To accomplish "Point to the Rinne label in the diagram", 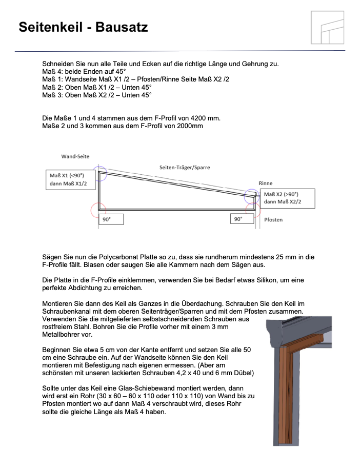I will (x=266, y=183).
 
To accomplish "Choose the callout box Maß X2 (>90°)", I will (x=288, y=198).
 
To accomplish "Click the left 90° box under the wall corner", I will (x=111, y=219).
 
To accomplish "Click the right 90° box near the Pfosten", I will (x=242, y=219).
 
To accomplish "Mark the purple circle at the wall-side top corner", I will (x=99, y=173).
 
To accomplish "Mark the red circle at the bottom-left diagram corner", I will (x=98, y=210).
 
